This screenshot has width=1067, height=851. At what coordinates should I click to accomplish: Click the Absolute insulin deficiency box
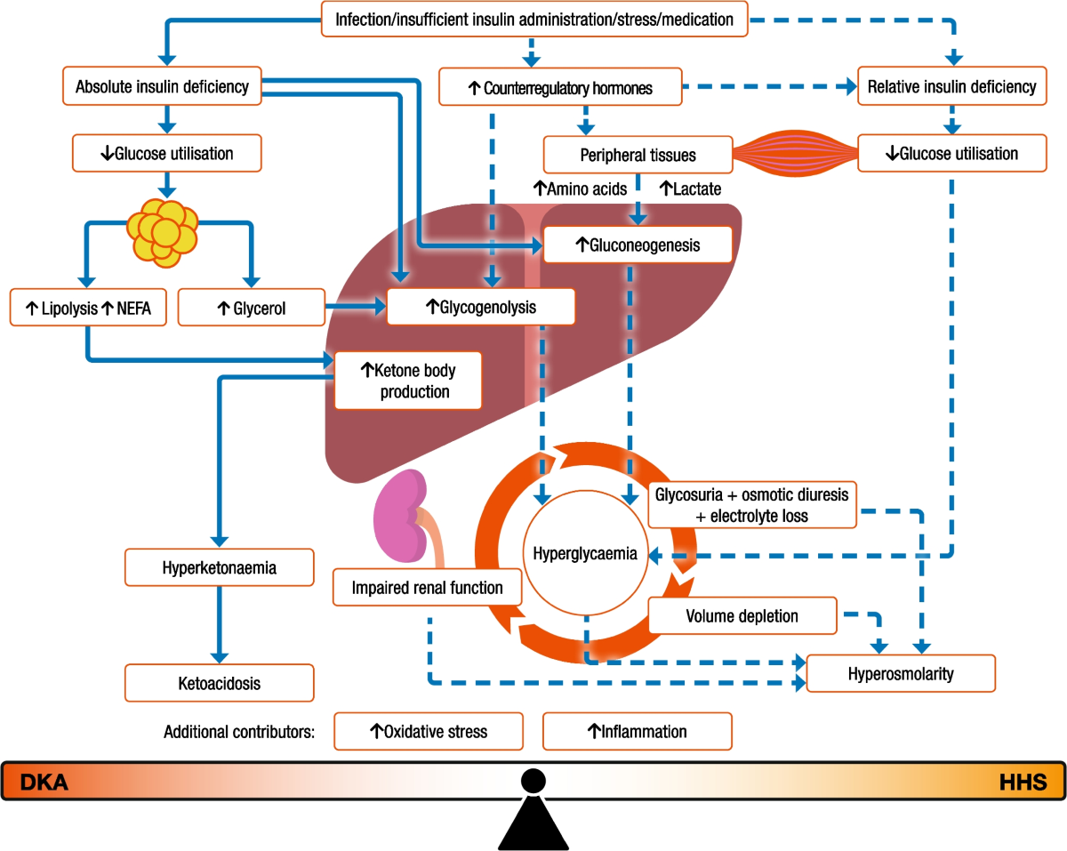coord(163,87)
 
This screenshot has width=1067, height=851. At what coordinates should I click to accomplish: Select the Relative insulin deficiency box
coord(951,87)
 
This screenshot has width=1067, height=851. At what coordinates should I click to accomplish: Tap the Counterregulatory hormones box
coord(561,88)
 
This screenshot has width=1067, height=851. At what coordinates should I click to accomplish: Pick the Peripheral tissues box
coord(638,155)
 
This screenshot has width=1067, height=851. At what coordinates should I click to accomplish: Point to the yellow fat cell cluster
coord(163,229)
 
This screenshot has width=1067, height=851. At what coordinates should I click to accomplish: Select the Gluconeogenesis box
coord(638,245)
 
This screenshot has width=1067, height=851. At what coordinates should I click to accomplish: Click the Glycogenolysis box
coord(480,308)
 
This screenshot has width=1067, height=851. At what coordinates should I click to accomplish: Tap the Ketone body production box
coord(407,380)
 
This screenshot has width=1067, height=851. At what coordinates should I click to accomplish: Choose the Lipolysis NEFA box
coord(88,308)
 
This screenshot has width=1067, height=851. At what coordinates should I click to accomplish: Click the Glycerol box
coord(250,308)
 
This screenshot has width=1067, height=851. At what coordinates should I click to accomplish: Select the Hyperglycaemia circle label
coord(584,553)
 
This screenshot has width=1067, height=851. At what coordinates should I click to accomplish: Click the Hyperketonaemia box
coord(220,567)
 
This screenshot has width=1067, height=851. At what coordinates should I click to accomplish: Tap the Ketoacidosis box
coord(220,684)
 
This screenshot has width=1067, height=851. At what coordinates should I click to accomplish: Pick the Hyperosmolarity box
coord(901,673)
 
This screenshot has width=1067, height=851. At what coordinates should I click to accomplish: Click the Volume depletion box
coord(742,615)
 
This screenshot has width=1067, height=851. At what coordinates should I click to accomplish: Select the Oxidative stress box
coord(428,732)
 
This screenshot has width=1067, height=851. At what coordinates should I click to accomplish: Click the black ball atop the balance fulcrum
coord(533,781)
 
